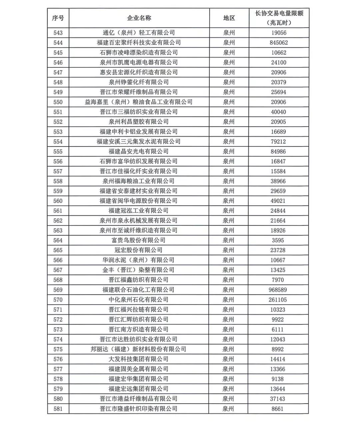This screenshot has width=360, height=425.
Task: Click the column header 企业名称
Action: coord(139,18)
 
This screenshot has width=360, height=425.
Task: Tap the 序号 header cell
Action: coord(58,18)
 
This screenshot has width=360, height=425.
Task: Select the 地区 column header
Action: coord(229,18)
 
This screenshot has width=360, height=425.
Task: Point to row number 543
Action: coord(58,33)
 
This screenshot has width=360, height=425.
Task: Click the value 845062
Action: coord(278,43)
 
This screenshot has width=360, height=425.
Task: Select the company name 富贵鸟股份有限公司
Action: coord(139,240)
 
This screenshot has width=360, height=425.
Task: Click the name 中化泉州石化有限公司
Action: coord(139,300)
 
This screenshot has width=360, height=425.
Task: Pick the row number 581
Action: coord(58,409)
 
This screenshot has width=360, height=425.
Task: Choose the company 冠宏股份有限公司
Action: coord(139,250)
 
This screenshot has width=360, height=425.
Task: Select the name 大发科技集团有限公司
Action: coord(139,359)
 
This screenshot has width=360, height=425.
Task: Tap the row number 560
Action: coord(58,201)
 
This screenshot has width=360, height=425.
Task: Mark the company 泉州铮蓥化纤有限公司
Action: coord(139,82)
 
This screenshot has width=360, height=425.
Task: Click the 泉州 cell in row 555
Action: coord(229,151)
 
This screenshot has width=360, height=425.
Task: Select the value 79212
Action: coord(278,141)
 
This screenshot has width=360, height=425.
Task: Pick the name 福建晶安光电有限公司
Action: coord(139,151)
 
